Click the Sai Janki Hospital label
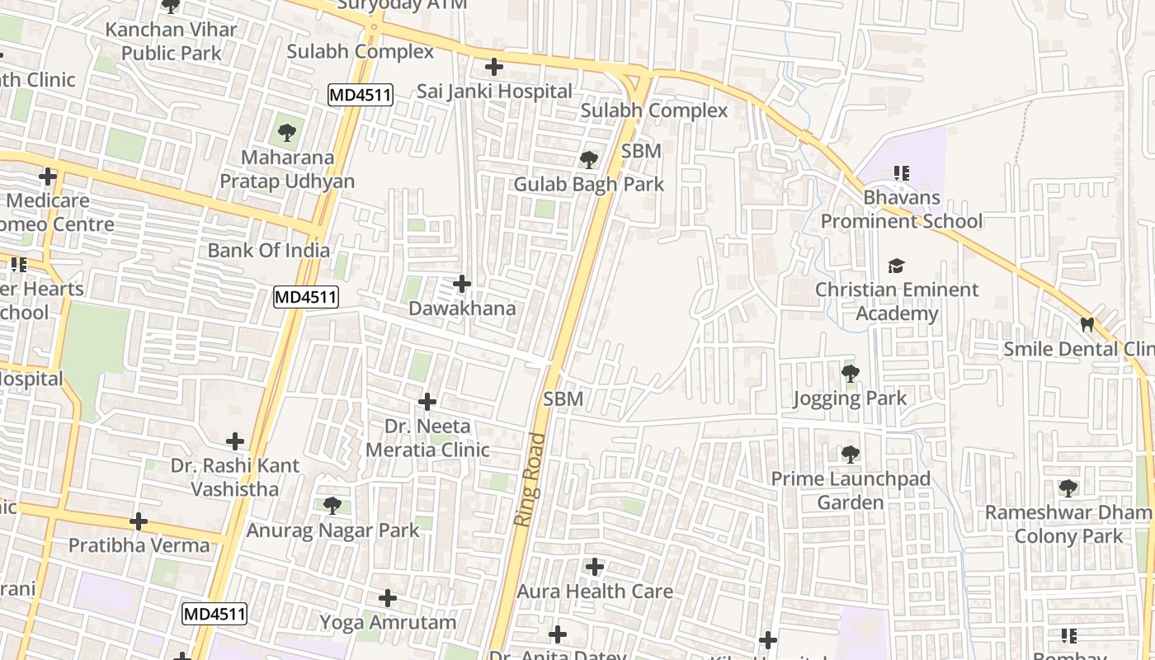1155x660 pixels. (x=493, y=91)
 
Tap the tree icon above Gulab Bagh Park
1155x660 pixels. (x=588, y=159)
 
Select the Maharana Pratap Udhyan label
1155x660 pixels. (x=286, y=169)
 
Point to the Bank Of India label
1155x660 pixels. (x=268, y=250)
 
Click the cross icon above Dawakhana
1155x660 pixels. (x=462, y=285)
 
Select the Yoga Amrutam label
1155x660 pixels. (x=388, y=622)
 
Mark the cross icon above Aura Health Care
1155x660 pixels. (x=594, y=568)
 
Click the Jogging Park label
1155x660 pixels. (x=850, y=398)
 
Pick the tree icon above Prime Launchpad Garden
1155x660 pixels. (x=850, y=455)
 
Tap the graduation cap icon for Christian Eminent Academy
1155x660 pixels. (x=896, y=266)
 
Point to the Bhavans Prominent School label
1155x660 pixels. (x=901, y=210)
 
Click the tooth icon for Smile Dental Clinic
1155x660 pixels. (x=1087, y=325)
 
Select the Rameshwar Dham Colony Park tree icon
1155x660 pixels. (x=1068, y=488)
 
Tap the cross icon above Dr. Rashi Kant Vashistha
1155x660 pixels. (x=235, y=441)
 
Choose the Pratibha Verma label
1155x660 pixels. (x=139, y=545)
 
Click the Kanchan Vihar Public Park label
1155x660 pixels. (x=171, y=41)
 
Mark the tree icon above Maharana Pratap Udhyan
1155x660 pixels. (x=286, y=132)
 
